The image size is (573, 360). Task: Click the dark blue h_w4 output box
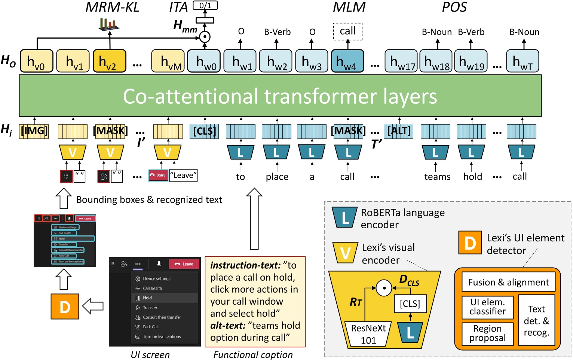[347, 61]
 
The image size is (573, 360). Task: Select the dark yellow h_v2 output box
[109, 61]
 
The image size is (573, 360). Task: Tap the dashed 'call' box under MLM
[347, 31]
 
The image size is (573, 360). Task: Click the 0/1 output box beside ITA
[205, 6]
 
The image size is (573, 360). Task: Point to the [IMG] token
[34, 131]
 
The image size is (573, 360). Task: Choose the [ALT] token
[399, 131]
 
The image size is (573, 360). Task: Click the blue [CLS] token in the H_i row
[204, 131]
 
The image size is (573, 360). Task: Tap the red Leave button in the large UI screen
[184, 264]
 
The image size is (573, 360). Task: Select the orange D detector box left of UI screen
[65, 306]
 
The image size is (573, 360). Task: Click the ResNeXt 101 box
[368, 334]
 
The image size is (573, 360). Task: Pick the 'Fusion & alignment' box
[508, 283]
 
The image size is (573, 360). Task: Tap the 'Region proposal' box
[487, 333]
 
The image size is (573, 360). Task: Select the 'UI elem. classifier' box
[487, 307]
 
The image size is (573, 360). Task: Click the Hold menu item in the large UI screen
[147, 298]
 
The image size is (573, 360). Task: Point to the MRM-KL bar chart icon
[109, 24]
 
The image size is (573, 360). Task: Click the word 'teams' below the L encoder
[437, 177]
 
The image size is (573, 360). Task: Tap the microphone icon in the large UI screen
[159, 264]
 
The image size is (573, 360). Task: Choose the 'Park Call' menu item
[150, 327]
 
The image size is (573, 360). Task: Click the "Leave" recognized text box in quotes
[183, 176]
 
